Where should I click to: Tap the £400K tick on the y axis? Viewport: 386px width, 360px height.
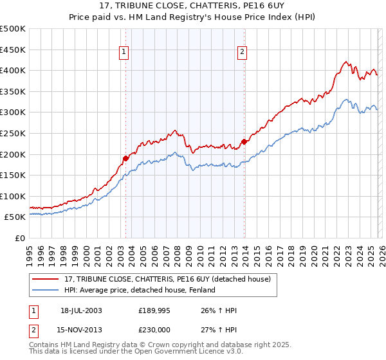[x=13, y=71]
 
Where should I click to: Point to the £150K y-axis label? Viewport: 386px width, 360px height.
[x=13, y=175]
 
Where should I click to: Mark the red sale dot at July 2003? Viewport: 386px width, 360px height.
[x=125, y=158]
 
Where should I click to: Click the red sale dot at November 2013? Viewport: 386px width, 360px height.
[x=244, y=141]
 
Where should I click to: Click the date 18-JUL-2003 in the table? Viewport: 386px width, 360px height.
[x=81, y=310]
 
